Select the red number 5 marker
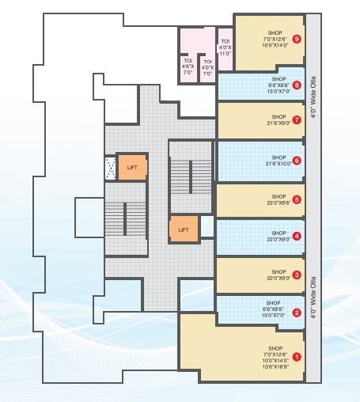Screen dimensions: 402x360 click(296, 199)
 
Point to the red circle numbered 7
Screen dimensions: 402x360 click(296, 120)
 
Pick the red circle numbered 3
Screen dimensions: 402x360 click(296, 275)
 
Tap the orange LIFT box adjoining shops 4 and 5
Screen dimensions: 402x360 click(184, 229)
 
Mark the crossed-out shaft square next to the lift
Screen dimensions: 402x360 click(111, 167)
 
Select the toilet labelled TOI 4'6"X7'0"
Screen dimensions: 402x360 click(188, 65)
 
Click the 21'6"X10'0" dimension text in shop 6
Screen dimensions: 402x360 click(279, 164)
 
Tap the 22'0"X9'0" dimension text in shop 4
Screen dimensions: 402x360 click(279, 239)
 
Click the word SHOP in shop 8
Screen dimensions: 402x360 click(279, 80)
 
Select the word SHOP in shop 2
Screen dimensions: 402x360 click(274, 303)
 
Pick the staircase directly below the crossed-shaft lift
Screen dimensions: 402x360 click(127, 217)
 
